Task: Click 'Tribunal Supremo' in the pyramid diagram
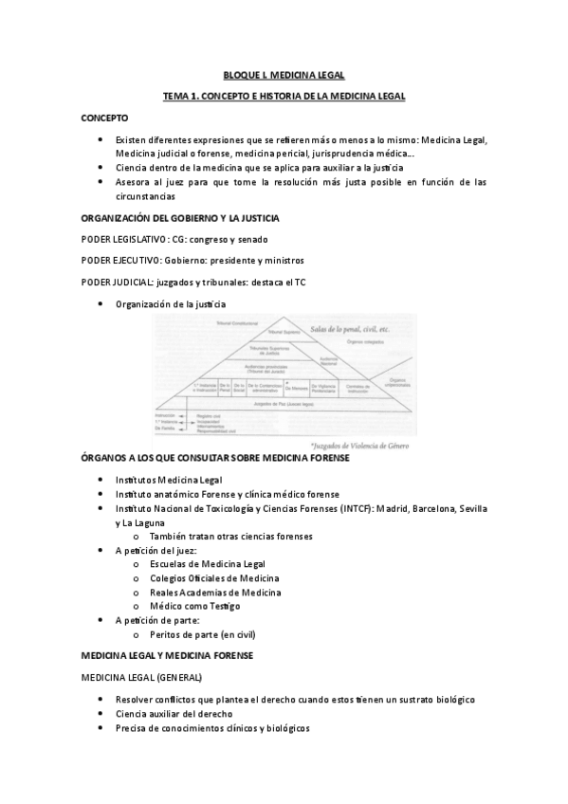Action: tap(283, 332)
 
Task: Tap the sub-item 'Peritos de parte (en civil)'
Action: tap(202, 634)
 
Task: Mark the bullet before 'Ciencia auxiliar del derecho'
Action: tap(102, 713)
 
